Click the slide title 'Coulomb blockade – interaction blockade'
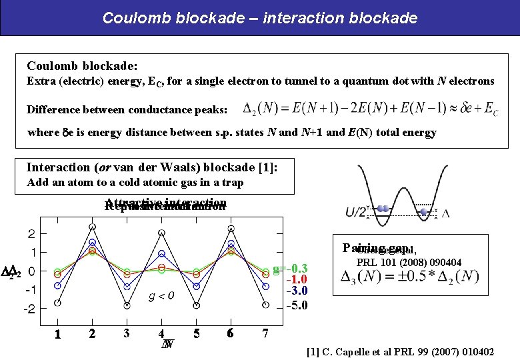click(x=260, y=18)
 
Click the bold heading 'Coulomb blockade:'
click(x=82, y=66)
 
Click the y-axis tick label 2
click(x=31, y=233)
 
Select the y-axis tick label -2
click(x=29, y=309)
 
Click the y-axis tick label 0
click(x=32, y=271)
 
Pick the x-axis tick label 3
click(x=126, y=333)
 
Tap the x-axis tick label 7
click(x=265, y=333)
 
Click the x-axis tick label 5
click(x=196, y=333)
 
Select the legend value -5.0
click(x=297, y=306)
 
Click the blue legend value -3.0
click(x=297, y=291)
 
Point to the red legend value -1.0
click(x=297, y=279)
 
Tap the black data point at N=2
click(x=92, y=227)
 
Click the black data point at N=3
click(x=127, y=305)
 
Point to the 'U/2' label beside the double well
click(x=355, y=213)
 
